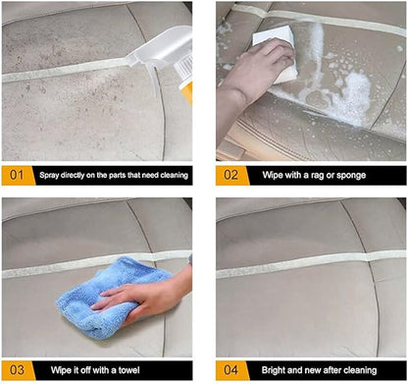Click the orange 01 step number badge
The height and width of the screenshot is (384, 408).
tap(16, 175)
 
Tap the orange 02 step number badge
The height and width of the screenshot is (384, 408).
tap(230, 175)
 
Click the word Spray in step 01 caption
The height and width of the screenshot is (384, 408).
tap(50, 176)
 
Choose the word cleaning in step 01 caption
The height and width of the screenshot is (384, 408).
tap(169, 176)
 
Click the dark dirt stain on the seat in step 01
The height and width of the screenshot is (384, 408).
tap(69, 49)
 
